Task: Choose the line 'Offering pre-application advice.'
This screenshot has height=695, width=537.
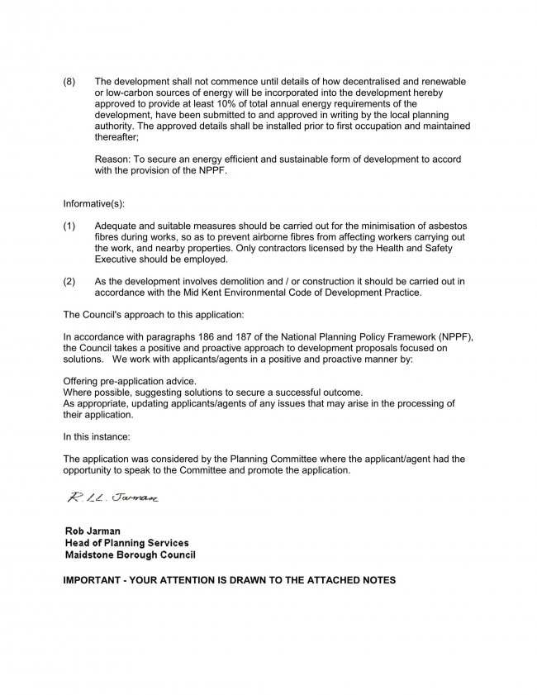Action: pyautogui.click(x=130, y=381)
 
